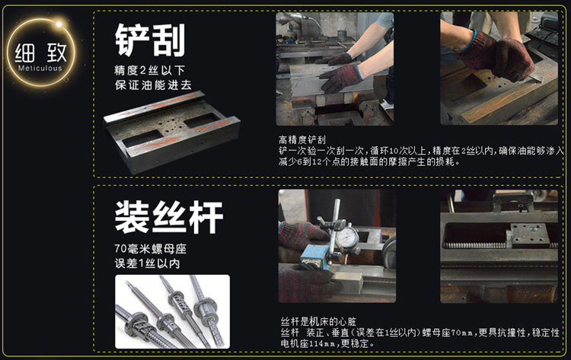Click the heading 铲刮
[x=150, y=40]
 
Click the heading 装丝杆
[x=168, y=217]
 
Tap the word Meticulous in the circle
[x=42, y=68]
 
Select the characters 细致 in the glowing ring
[x=42, y=52]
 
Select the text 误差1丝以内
[x=147, y=264]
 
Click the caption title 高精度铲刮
[x=302, y=139]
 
